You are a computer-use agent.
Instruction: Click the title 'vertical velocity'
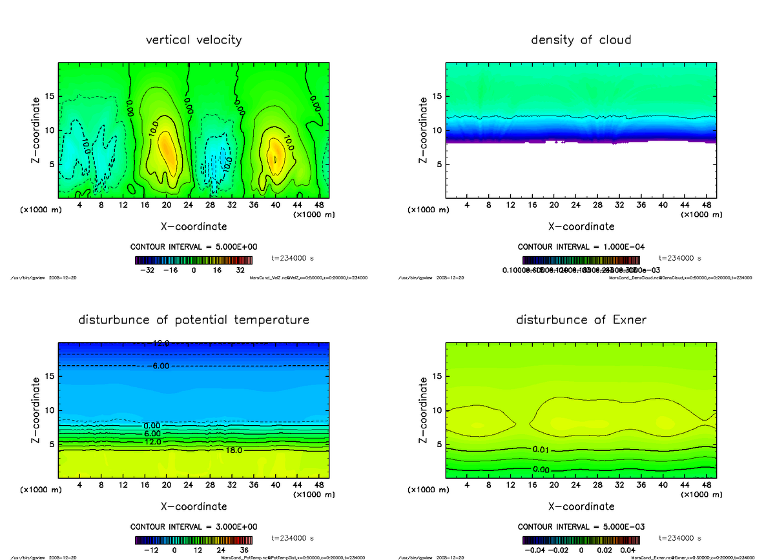[194, 40]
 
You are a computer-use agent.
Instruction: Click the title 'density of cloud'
[581, 40]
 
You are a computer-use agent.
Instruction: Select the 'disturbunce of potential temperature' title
[194, 320]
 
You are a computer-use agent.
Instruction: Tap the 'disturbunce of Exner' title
[581, 320]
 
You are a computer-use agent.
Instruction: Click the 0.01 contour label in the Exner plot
[542, 449]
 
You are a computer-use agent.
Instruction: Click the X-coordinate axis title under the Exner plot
[581, 506]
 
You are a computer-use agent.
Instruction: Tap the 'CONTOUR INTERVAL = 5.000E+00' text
[194, 247]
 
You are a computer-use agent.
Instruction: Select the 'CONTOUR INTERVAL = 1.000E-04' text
[581, 247]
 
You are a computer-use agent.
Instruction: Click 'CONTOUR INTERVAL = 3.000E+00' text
[194, 526]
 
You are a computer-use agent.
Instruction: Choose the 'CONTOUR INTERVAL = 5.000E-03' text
[581, 526]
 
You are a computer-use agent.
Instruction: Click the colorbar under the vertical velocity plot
[194, 260]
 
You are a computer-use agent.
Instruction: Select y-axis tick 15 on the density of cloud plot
[436, 96]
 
